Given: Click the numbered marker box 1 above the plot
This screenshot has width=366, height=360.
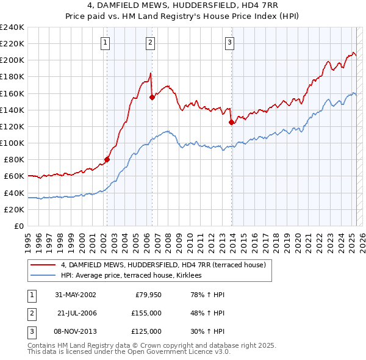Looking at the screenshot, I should (x=106, y=43).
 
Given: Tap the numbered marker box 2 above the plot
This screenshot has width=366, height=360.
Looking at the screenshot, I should (x=150, y=43).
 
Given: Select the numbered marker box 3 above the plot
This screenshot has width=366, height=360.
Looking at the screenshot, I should (x=229, y=43).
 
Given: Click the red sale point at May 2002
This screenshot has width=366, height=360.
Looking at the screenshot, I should (x=107, y=160).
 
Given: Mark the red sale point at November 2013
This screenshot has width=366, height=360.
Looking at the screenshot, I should (x=231, y=122).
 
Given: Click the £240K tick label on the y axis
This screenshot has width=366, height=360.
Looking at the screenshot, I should (x=12, y=27).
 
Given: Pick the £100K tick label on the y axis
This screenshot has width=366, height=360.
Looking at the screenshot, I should (x=12, y=143).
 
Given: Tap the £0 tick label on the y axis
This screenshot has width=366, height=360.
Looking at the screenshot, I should (x=18, y=226).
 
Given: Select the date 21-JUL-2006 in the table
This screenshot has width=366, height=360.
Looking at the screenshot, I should (x=77, y=313).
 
